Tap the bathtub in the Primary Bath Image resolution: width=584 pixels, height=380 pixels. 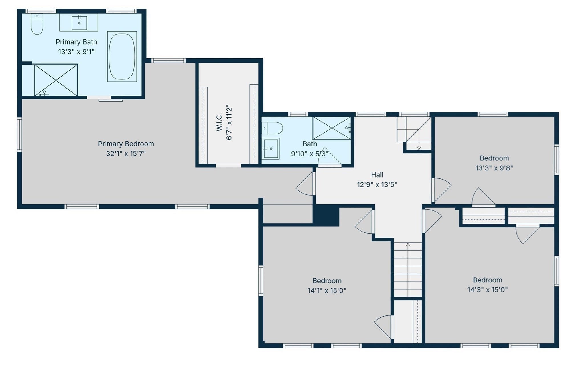(122, 57)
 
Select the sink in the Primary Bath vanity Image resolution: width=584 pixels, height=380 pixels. (79, 23)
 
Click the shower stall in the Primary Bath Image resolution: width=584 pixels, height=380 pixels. (56, 80)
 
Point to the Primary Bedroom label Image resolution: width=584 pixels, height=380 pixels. (126, 144)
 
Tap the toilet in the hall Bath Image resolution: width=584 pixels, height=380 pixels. (272, 128)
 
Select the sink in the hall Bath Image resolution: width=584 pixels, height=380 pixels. (271, 148)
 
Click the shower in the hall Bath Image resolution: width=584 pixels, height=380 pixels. (332, 128)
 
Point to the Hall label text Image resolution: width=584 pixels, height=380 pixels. (377, 175)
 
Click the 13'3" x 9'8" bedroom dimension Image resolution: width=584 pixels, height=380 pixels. (494, 168)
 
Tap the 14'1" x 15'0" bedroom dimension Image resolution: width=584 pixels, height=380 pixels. (327, 291)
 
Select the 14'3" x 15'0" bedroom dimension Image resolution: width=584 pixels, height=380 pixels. (487, 290)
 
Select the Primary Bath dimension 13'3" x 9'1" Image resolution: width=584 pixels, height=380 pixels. (76, 52)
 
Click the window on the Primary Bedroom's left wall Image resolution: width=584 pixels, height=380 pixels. (19, 134)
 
